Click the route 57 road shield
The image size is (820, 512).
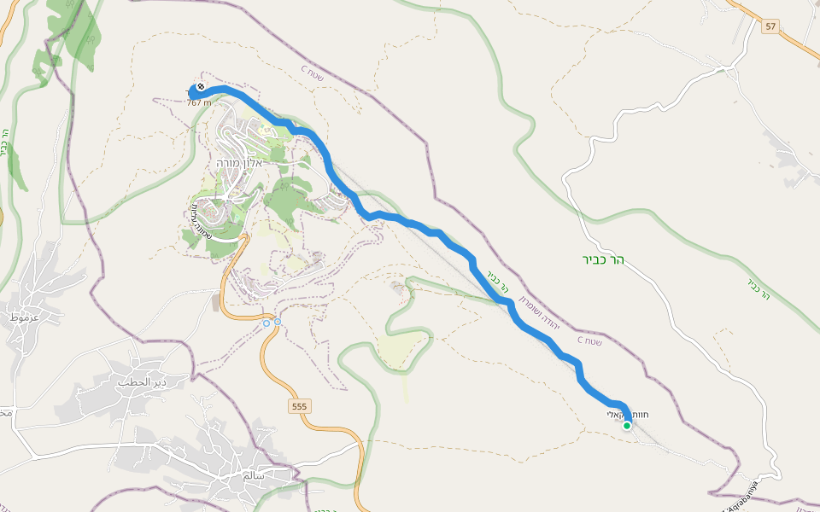click(x=770, y=27)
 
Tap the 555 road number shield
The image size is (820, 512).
click(x=299, y=407)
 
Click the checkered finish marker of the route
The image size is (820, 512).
click(x=201, y=87)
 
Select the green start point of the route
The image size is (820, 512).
click(x=627, y=425)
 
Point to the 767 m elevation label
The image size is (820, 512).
click(x=199, y=102)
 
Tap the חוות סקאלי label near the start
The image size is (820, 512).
click(x=628, y=414)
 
